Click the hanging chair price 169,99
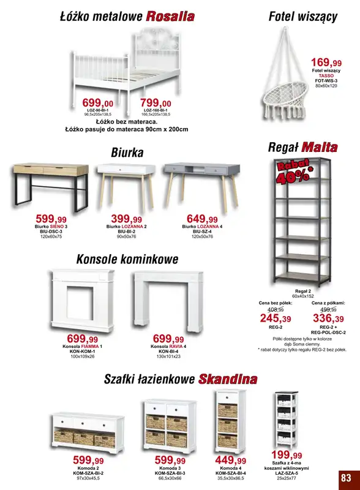(x=326, y=62)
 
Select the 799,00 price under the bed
(x=156, y=102)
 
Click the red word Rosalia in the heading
(x=170, y=17)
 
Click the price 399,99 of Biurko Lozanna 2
(x=126, y=219)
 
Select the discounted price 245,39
(x=276, y=318)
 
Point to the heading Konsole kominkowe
(x=127, y=259)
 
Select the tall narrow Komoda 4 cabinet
(x=227, y=421)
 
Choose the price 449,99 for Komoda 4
(x=231, y=460)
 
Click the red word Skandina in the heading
(x=227, y=379)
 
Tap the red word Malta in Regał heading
(x=319, y=147)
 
